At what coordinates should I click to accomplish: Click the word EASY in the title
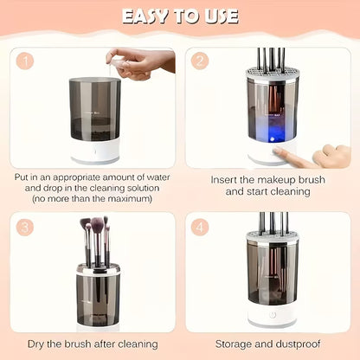tap(150, 16)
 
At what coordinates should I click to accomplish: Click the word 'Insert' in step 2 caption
tap(227, 179)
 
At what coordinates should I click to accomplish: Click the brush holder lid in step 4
tap(273, 235)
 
